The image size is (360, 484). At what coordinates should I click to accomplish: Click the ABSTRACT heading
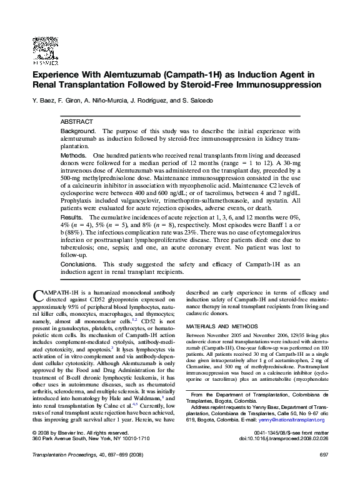pyautogui.click(x=77, y=121)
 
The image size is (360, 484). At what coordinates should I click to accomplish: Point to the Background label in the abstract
pyautogui.click(x=78, y=131)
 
